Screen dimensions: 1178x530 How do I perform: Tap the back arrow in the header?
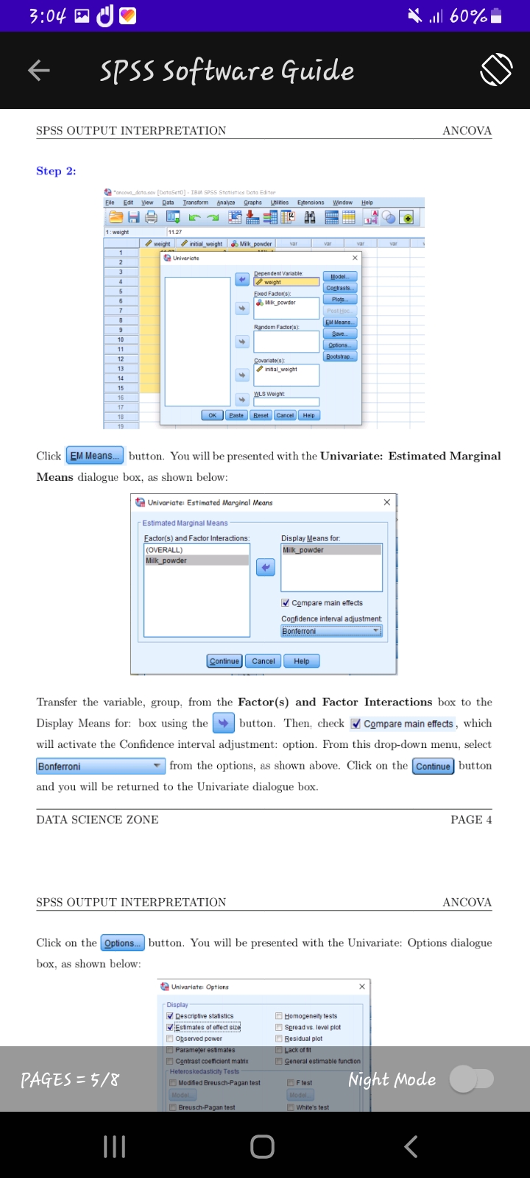point(38,71)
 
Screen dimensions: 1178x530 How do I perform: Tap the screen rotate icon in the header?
point(496,70)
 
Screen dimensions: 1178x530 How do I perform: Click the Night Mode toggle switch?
point(472,1079)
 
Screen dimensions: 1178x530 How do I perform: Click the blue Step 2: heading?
point(56,171)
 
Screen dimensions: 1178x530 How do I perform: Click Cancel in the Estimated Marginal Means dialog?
point(263,661)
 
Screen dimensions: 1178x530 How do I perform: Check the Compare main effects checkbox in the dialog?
point(286,603)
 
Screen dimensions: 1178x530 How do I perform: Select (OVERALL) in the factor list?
point(164,550)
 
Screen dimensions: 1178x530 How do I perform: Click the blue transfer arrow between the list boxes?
point(265,567)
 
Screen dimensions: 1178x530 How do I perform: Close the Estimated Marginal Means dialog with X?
point(387,502)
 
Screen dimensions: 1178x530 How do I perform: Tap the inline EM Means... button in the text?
point(95,456)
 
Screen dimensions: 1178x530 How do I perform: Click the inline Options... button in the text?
point(122,943)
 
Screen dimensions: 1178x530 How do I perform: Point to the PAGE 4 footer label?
point(471,819)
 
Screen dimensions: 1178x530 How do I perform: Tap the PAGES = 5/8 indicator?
point(70,1080)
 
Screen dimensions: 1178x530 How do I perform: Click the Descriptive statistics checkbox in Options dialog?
point(170,1016)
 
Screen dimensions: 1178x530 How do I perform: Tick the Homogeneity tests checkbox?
point(279,1016)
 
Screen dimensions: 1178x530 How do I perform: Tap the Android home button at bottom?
point(263,1146)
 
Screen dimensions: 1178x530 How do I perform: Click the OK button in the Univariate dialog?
point(212,415)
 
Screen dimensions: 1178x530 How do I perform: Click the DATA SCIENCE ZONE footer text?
point(97,819)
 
